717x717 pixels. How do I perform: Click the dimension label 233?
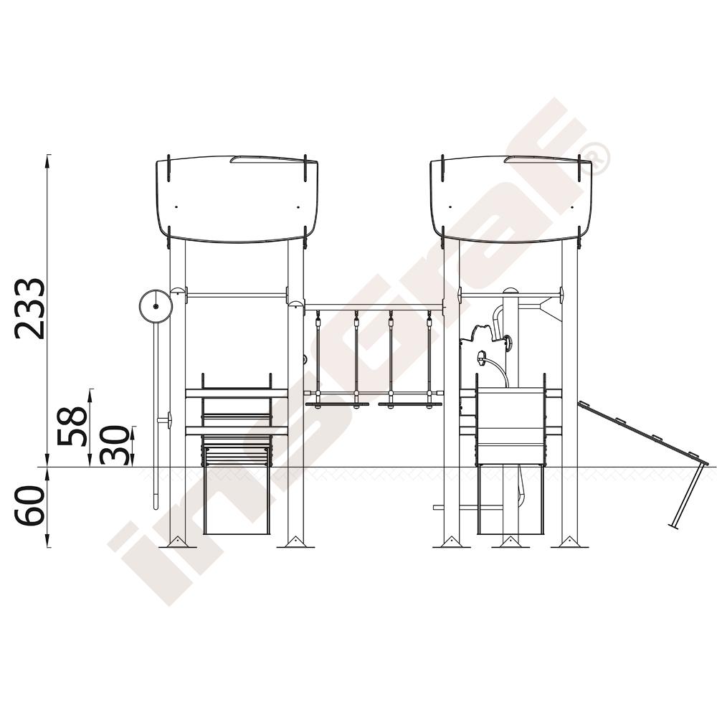tap(29, 308)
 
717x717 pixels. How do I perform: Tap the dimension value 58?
tap(72, 426)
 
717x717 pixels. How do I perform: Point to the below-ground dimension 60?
tap(29, 505)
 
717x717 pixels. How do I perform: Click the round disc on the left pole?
tap(156, 306)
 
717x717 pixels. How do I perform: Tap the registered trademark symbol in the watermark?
tap(593, 158)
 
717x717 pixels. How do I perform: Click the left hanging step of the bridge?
tap(337, 404)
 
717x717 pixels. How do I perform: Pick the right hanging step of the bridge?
tap(410, 404)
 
